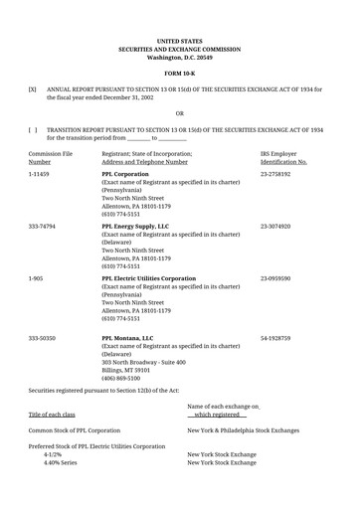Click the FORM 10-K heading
(x=180, y=76)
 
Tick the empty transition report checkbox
(x=33, y=129)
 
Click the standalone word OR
(x=180, y=113)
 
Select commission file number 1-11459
(x=42, y=173)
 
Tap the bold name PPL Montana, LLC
(x=128, y=339)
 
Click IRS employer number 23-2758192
(x=275, y=173)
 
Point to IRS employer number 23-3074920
(x=275, y=226)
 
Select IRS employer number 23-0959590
(x=275, y=279)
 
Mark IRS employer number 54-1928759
(x=275, y=339)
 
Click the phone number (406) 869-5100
(x=121, y=379)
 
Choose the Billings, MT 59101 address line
(x=125, y=371)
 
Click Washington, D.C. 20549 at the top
(x=180, y=58)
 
